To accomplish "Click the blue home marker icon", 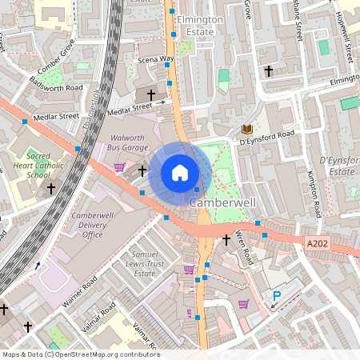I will click(180, 172).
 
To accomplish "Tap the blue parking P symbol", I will click(277, 296).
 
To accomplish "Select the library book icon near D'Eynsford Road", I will click(246, 129).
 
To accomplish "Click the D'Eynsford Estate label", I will click(337, 166).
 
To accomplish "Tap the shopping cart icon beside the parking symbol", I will click(243, 303).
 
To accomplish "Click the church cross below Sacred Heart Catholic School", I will click(51, 189).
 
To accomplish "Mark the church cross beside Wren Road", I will click(226, 239).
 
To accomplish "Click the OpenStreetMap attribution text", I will click(80, 354).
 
